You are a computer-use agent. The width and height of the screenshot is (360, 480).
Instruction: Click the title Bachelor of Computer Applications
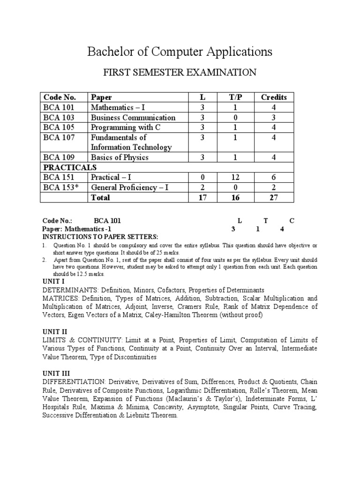coord(180,51)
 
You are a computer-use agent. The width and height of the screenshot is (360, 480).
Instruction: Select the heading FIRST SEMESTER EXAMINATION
coord(180,73)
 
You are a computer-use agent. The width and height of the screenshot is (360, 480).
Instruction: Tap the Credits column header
coord(274,97)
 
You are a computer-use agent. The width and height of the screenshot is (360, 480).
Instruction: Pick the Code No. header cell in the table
coord(60,97)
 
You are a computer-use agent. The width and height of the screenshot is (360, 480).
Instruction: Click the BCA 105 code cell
coord(59,127)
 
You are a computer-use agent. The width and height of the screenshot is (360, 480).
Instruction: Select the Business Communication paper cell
coord(133,118)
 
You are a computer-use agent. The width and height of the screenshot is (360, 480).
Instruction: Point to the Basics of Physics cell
coord(120,157)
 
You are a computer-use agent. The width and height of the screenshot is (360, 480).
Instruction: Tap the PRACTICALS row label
coord(70,167)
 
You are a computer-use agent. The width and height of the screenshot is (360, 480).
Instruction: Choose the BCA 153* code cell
coord(61,187)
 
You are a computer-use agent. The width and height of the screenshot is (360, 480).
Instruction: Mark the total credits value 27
coord(274,198)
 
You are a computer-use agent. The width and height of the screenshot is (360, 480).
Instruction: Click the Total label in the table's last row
coord(100,198)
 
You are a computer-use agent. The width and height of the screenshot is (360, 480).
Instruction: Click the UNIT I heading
coord(53,281)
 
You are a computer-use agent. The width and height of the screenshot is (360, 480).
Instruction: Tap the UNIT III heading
coord(56,373)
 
